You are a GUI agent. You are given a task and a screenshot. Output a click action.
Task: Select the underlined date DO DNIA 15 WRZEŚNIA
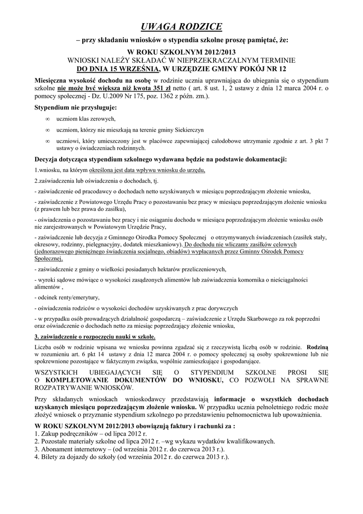point(118,68)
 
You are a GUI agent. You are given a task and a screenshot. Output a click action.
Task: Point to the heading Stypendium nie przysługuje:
point(75,107)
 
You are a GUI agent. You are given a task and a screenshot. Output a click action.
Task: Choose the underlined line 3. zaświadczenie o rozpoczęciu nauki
point(95,336)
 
